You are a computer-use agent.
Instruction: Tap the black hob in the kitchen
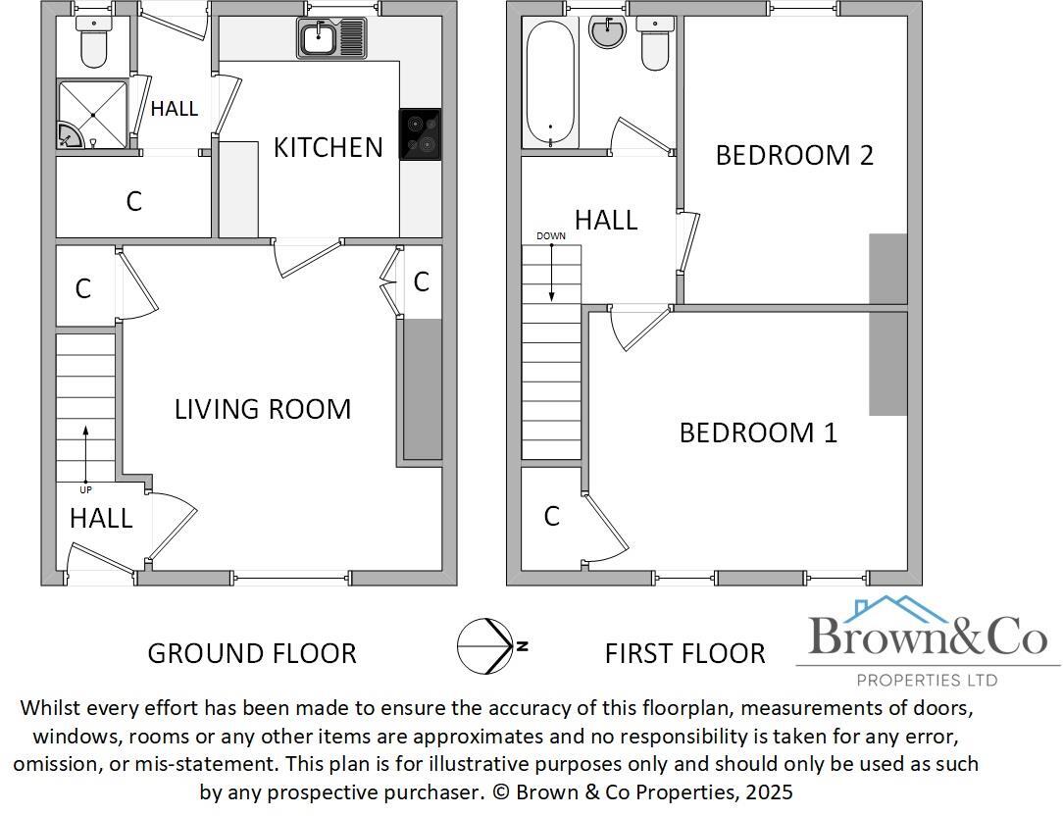tap(420, 134)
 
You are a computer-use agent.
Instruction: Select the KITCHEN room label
tap(328, 147)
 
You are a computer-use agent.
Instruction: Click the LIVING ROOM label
tap(263, 409)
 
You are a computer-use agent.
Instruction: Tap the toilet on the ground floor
tap(93, 44)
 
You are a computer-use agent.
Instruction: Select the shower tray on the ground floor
tap(93, 115)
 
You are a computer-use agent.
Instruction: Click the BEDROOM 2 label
tap(794, 155)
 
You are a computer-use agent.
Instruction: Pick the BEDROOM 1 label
tap(758, 433)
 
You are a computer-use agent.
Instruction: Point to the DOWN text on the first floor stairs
tap(551, 236)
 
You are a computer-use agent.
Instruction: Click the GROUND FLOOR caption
tap(252, 653)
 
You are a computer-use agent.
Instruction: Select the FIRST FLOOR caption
tap(684, 653)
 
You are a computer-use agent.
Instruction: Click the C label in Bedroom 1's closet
tap(551, 516)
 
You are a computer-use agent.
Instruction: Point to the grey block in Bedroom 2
tap(888, 269)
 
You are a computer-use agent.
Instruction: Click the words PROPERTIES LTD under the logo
tap(927, 680)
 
